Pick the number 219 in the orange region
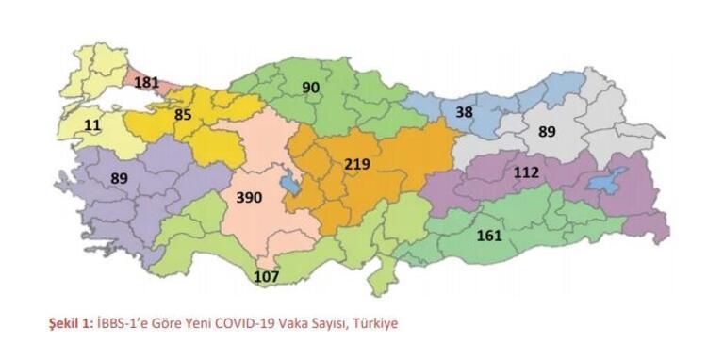(x=357, y=165)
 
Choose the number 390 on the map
(x=249, y=198)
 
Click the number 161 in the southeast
(x=490, y=235)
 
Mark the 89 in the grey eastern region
(x=548, y=133)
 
